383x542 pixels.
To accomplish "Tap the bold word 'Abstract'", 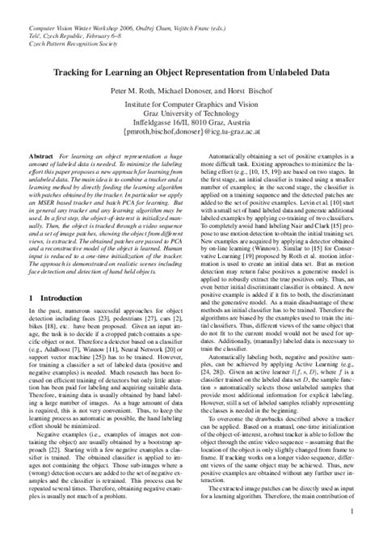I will (x=41, y=155).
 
